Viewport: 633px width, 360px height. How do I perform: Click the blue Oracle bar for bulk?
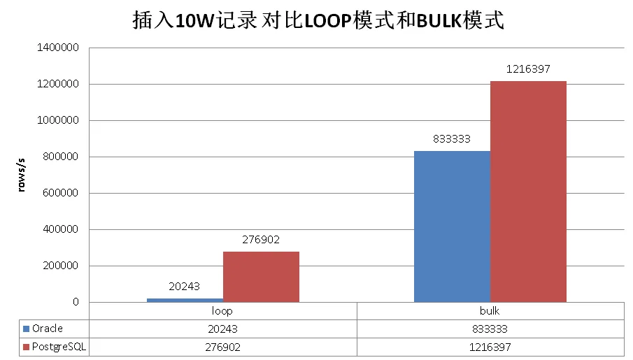coord(452,226)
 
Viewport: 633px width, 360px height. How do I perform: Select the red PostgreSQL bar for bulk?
coord(528,192)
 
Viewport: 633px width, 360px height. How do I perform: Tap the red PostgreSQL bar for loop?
coord(261,277)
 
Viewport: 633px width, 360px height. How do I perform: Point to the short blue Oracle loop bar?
coord(185,300)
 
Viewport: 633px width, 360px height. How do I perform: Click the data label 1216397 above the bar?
coord(528,69)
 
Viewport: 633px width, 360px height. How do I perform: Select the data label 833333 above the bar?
coord(452,138)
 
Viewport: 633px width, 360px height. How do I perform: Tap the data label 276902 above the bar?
coord(261,240)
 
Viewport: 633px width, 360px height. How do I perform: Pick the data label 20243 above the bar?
coord(185,286)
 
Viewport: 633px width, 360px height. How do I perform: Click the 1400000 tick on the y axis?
coord(59,48)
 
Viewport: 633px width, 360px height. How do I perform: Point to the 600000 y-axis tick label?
coord(62,194)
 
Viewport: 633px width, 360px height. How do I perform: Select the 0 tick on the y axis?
coord(75,303)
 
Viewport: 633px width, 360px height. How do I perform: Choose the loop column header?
coord(222,311)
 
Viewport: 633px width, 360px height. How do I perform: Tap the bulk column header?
coord(490,311)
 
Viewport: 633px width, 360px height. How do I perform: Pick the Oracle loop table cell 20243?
coord(222,329)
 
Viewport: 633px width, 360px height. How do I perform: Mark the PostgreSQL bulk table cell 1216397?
coord(490,347)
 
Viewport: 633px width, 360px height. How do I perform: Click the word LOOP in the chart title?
coord(323,21)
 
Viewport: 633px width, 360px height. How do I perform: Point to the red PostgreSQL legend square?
coord(26,347)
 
